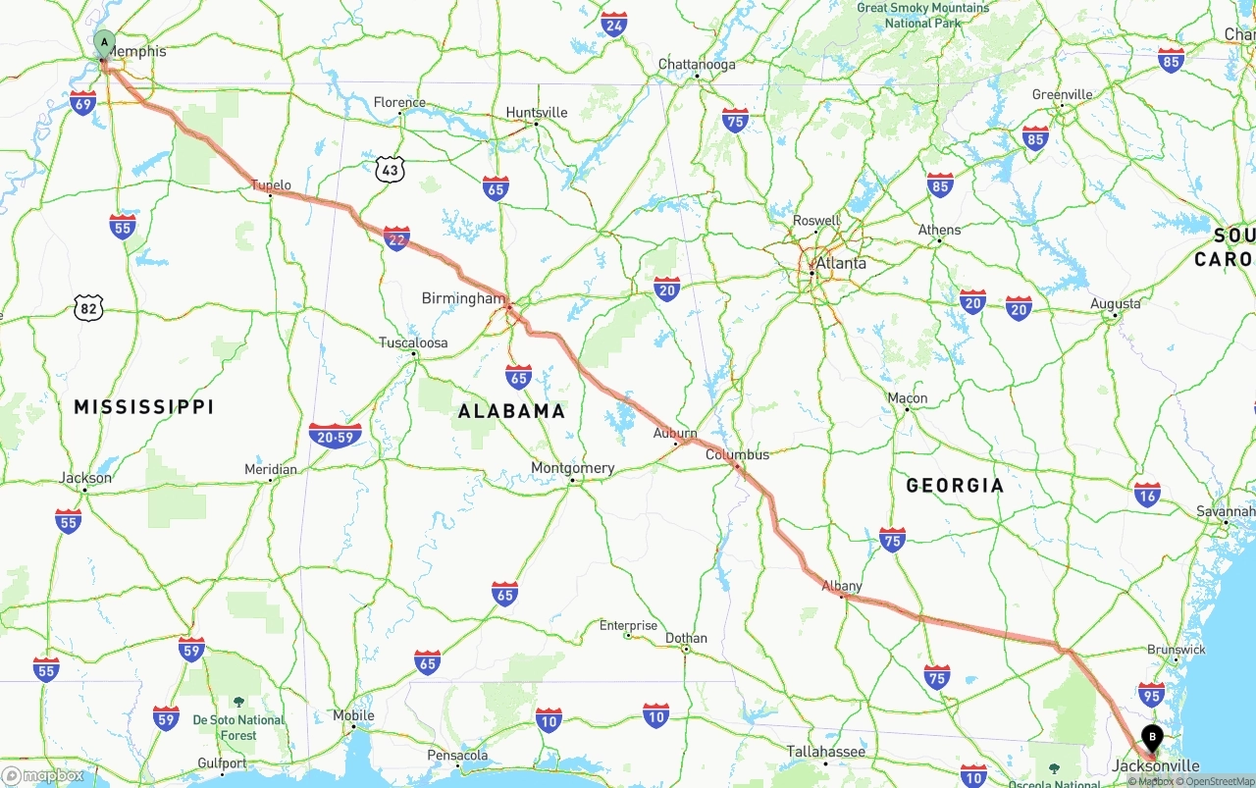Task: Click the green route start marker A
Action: (x=104, y=43)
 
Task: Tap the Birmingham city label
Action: (x=462, y=298)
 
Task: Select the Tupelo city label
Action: (x=271, y=184)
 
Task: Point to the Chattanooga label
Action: (x=696, y=65)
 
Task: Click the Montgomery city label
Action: (x=572, y=468)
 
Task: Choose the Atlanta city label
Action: (x=841, y=263)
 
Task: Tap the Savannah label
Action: (x=1225, y=511)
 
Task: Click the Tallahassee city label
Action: (x=825, y=752)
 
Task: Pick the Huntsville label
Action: (x=536, y=113)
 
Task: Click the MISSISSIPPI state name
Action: (x=143, y=407)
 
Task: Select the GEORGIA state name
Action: (x=955, y=485)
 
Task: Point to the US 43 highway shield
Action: (x=391, y=169)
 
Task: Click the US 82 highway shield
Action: (x=88, y=308)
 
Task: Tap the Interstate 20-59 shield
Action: (x=335, y=435)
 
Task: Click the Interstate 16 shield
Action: (x=1147, y=495)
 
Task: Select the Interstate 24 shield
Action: (x=614, y=25)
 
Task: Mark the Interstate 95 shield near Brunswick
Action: (x=1151, y=695)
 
